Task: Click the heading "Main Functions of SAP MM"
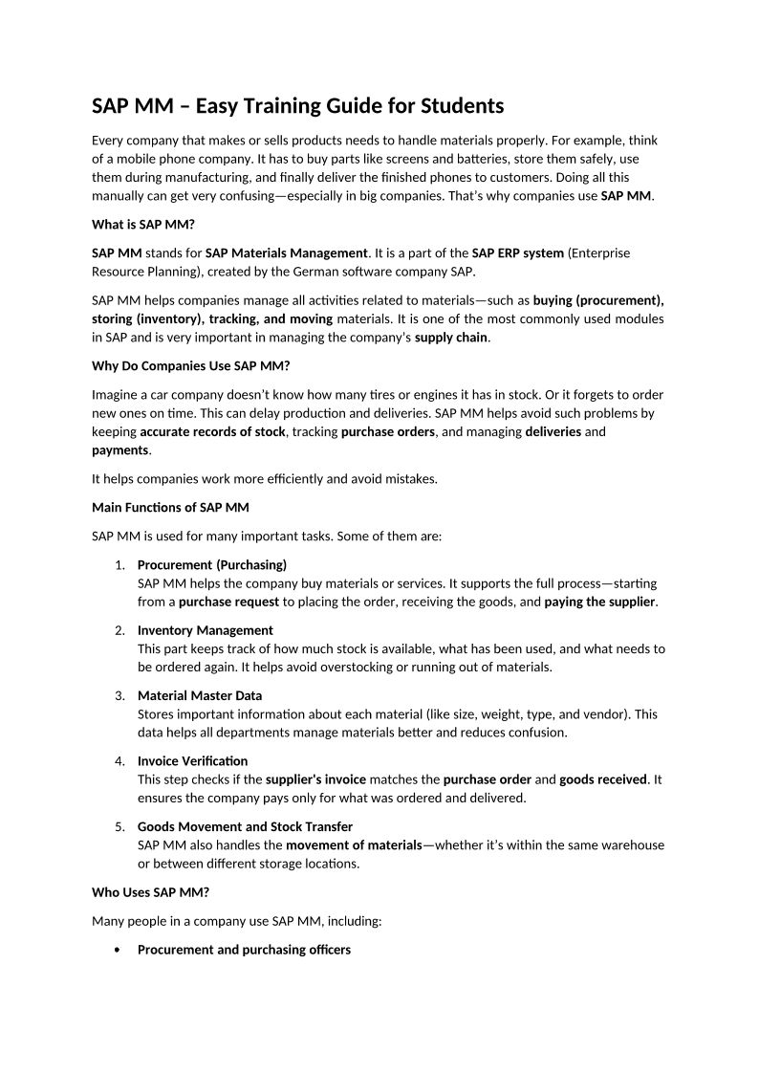[x=170, y=507]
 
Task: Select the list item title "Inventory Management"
[x=205, y=630]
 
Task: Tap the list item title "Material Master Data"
[x=199, y=695]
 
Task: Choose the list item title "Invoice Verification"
[x=192, y=760]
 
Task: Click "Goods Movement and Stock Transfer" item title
[x=245, y=825]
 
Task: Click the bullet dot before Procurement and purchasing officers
[x=118, y=950]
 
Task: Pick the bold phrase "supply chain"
[x=451, y=337]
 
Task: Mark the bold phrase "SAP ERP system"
[x=517, y=252]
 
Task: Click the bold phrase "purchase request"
[x=228, y=602]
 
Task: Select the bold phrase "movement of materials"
[x=354, y=844]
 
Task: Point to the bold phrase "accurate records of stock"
[x=212, y=431]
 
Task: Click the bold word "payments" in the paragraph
[x=120, y=449]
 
